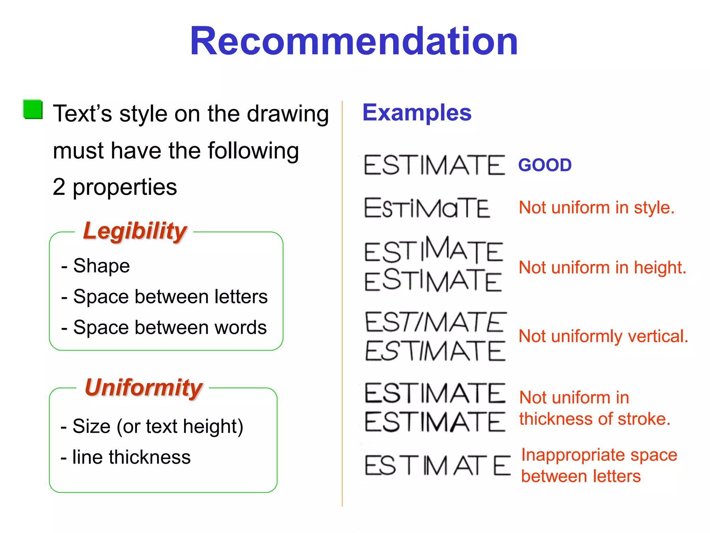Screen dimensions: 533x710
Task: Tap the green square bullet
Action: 33,110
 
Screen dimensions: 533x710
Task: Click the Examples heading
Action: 417,112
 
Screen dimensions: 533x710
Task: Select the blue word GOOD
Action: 545,165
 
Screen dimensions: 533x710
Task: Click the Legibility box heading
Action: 135,231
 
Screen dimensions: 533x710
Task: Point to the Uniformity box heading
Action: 144,387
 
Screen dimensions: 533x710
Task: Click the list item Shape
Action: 101,266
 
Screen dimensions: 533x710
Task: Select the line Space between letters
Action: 170,297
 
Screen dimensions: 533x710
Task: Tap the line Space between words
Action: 170,327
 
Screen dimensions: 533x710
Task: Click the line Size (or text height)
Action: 158,426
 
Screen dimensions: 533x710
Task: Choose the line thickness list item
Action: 131,457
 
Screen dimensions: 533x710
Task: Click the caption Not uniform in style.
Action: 596,208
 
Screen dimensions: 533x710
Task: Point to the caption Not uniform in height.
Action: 602,268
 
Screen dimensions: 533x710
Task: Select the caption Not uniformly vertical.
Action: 603,336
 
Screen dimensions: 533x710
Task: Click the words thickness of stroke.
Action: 595,419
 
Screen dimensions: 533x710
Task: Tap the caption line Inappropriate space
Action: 599,455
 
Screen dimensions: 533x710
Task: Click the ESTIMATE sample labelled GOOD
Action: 434,165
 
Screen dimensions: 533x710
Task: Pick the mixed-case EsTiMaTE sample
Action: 427,208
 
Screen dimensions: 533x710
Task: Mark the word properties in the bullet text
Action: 124,187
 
